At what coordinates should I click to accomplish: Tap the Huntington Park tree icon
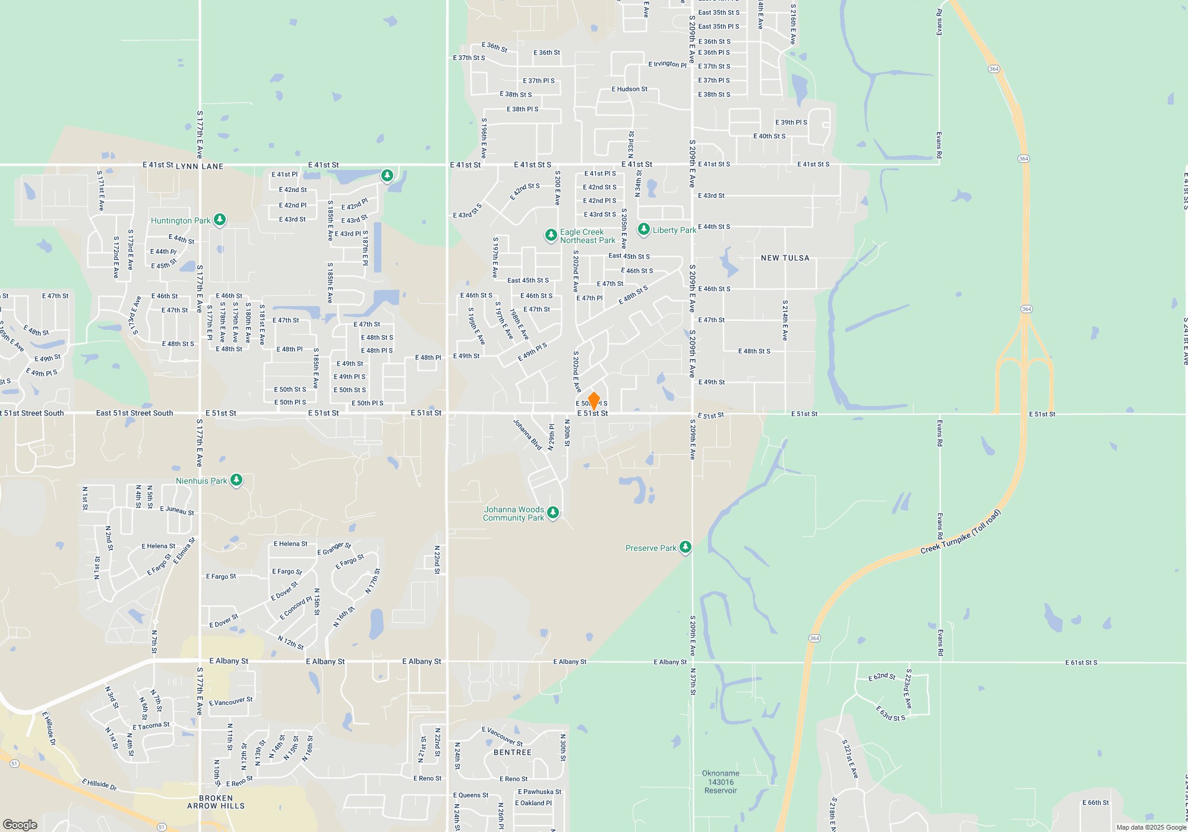click(x=220, y=220)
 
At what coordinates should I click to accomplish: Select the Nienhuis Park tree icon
click(x=236, y=480)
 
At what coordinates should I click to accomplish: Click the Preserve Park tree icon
click(x=685, y=547)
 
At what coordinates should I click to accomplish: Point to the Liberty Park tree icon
click(x=644, y=229)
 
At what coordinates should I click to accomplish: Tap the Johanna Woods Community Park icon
click(x=553, y=513)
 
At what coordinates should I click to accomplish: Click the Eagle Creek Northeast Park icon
click(x=551, y=235)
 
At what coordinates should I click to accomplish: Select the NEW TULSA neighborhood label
click(x=785, y=258)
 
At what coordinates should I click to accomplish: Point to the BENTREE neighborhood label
click(x=513, y=752)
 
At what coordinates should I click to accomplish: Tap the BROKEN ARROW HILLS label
click(x=216, y=802)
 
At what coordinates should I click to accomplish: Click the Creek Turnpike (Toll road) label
click(x=961, y=532)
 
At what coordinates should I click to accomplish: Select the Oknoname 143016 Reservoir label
click(x=721, y=782)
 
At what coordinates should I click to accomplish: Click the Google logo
click(x=20, y=824)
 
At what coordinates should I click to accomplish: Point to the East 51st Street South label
click(x=135, y=413)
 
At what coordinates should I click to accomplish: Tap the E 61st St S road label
click(x=1081, y=662)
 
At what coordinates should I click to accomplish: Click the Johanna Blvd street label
click(x=527, y=434)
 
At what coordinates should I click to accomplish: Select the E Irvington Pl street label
click(x=667, y=64)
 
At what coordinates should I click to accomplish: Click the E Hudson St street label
click(x=630, y=89)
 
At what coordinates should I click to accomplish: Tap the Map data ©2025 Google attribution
click(x=1151, y=827)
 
